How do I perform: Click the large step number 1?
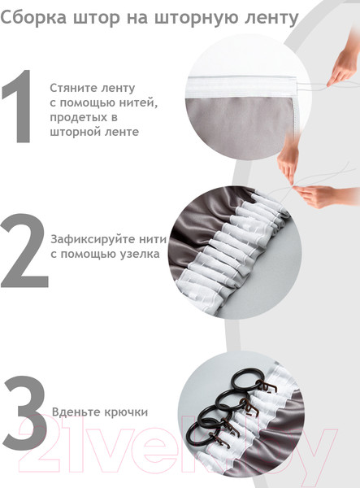pos(19,111)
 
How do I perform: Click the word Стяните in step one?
pos(73,87)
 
